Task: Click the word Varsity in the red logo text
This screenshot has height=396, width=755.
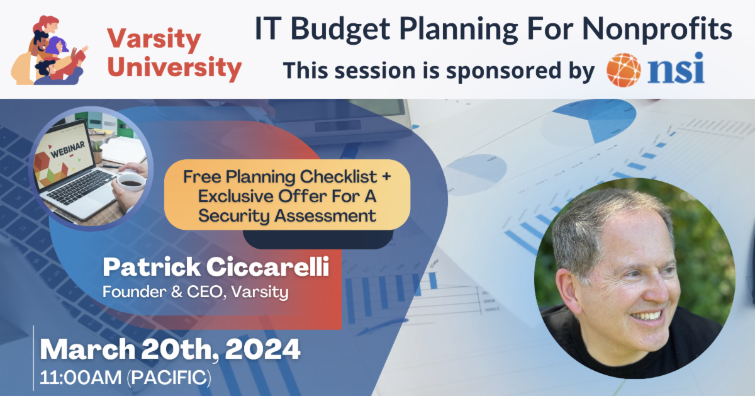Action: tap(154, 40)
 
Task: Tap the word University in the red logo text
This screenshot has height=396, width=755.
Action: tap(174, 68)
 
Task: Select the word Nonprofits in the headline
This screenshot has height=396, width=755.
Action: tap(657, 30)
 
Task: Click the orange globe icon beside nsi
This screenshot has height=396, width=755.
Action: tap(624, 70)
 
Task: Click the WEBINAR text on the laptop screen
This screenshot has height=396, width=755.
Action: tap(68, 150)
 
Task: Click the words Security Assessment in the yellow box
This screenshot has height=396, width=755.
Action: tap(287, 216)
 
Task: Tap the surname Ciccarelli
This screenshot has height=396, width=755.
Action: tap(267, 267)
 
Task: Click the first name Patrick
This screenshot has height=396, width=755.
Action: tap(152, 267)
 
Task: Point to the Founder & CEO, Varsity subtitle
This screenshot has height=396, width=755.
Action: tap(196, 292)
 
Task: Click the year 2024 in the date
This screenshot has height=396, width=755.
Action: tap(262, 349)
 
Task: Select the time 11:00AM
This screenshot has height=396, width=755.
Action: tap(81, 377)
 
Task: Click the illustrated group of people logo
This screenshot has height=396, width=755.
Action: tap(50, 50)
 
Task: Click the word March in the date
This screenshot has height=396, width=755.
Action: tap(87, 349)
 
